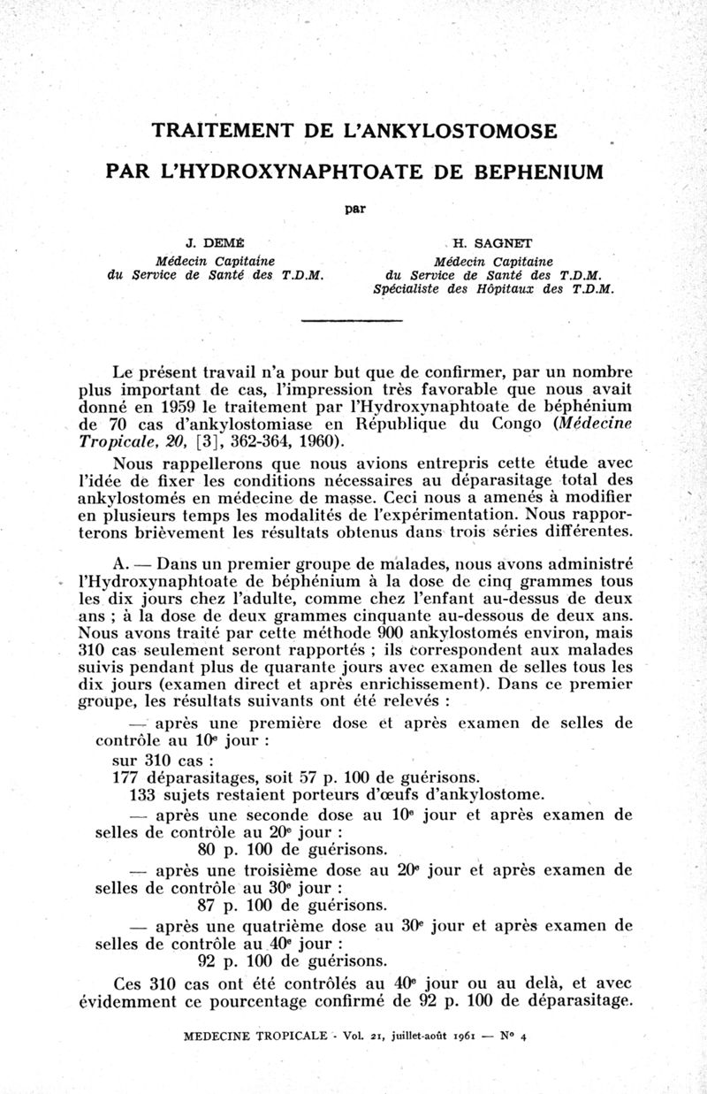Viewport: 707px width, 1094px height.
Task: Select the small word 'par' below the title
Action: [353, 209]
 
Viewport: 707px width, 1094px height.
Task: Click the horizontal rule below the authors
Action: [353, 319]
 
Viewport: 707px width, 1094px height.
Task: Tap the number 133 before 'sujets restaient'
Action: [131, 794]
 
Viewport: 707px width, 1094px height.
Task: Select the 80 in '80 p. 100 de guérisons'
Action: [208, 851]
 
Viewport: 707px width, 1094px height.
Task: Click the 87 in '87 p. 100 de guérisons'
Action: [208, 906]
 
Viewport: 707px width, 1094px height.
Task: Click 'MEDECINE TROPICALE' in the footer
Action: [255, 1037]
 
